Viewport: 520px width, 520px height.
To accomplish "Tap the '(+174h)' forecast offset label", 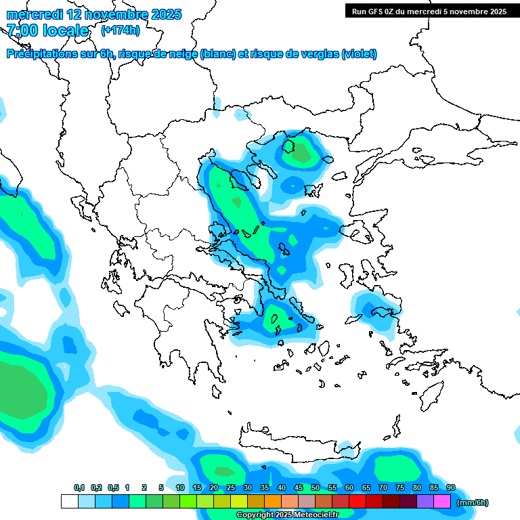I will (x=121, y=30).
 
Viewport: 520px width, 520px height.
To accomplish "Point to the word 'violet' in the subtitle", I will (x=358, y=54).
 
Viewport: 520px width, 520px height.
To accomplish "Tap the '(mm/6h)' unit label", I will (x=473, y=502).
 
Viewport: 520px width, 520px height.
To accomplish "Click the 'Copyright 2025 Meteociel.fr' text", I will (x=287, y=515).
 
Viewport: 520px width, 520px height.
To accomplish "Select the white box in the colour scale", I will (x=69, y=502).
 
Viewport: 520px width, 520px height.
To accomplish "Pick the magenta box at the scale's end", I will (x=442, y=502).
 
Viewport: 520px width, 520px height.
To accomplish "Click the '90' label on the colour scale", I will (x=451, y=488).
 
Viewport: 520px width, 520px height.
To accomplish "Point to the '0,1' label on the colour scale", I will (x=79, y=488).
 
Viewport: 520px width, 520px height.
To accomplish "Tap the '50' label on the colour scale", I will (x=316, y=488).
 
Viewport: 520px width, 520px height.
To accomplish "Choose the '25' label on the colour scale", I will (x=231, y=488).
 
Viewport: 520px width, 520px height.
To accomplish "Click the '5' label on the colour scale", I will (x=161, y=488).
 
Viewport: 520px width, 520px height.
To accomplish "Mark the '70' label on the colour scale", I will (x=383, y=488).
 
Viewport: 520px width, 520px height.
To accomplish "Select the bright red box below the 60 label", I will (x=357, y=502).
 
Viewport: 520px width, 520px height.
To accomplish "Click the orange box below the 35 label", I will (x=273, y=502).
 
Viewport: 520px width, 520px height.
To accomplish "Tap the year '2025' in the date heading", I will (x=165, y=14).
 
